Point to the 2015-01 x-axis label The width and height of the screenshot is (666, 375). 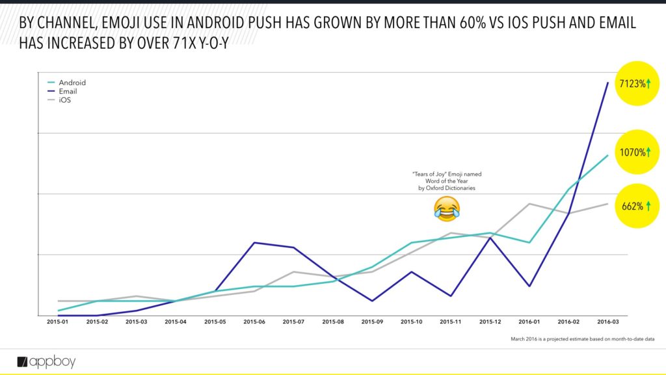pos(58,321)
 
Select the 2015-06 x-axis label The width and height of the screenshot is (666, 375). pos(254,321)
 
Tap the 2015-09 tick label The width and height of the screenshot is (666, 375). pos(372,321)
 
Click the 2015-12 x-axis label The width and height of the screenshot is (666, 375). pos(490,321)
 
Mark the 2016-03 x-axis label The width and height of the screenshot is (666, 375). pos(607,321)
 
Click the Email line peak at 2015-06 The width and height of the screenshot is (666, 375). pos(254,243)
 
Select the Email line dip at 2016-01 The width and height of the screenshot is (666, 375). pos(529,286)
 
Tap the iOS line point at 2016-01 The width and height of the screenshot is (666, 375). pos(529,204)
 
